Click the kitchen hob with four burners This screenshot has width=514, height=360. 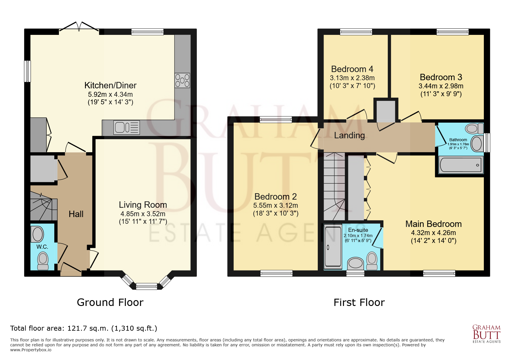tap(182, 80)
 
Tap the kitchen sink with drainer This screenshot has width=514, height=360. tap(127, 127)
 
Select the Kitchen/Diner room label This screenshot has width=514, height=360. tap(110, 85)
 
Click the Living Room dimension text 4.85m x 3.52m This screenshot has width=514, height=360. tap(143, 214)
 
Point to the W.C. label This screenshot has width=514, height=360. tap(42, 247)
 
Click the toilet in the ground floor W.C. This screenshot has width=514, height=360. tap(43, 261)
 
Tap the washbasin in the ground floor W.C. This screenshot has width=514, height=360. tap(38, 234)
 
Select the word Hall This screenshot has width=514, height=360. tap(76, 214)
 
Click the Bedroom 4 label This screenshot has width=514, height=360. tap(352, 69)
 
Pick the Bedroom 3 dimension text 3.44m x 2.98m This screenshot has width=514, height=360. tap(441, 86)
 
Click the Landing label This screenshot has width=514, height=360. tap(349, 135)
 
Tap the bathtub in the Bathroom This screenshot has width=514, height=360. tap(461, 164)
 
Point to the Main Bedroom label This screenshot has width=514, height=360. tap(433, 224)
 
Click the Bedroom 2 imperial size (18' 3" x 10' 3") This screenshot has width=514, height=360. tap(276, 213)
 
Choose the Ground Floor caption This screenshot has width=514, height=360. tap(110, 302)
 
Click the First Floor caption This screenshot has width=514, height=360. tap(359, 302)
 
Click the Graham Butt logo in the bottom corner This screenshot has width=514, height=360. tap(486, 334)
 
